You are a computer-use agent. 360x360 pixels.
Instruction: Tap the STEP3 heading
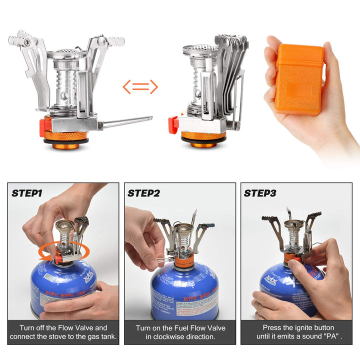[x=260, y=193]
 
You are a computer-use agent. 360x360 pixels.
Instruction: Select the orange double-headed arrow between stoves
[x=140, y=87]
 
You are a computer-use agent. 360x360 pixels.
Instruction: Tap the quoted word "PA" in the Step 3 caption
[x=331, y=337]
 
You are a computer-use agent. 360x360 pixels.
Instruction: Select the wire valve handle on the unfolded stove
[x=127, y=121]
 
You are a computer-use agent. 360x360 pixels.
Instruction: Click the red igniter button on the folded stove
[x=173, y=123]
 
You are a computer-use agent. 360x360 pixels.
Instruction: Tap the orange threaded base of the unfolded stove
[x=66, y=136]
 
